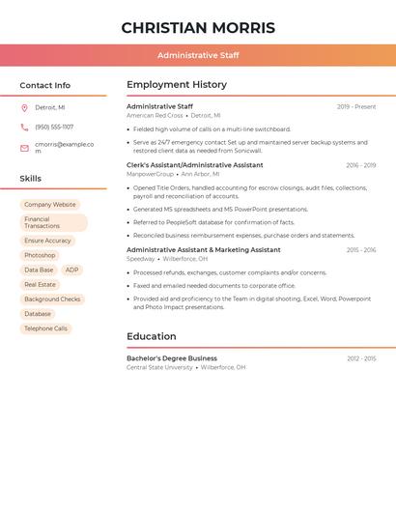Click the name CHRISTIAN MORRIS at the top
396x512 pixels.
(x=198, y=28)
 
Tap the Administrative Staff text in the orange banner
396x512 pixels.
(x=198, y=56)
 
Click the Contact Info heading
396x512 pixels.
(x=44, y=85)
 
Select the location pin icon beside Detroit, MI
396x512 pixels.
(x=24, y=108)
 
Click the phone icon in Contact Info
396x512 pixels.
(x=24, y=128)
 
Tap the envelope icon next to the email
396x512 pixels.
(x=24, y=148)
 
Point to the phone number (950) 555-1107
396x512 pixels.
(x=54, y=128)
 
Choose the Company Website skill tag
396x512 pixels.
(x=50, y=205)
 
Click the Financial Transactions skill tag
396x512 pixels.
(x=53, y=222)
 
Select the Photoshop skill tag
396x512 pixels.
(x=40, y=255)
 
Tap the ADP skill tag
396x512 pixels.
(x=72, y=270)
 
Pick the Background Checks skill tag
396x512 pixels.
(x=52, y=299)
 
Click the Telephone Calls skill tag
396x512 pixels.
(x=46, y=328)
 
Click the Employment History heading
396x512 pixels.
(x=177, y=85)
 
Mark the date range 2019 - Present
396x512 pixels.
(x=356, y=107)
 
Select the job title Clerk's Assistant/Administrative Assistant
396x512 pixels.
(x=194, y=165)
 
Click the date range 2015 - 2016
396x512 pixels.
(x=360, y=250)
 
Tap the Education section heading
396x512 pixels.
(x=152, y=337)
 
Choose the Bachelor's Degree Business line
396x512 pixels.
(x=172, y=358)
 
